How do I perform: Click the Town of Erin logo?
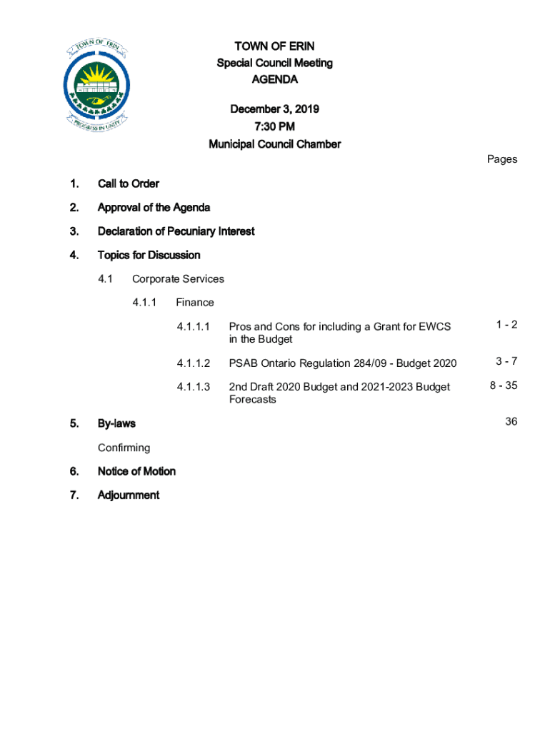96,84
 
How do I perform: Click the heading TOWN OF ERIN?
274,46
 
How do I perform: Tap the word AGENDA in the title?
274,79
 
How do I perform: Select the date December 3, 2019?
274,109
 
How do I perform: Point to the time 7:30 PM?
274,126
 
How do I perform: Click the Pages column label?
501,159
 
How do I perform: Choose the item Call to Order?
129,183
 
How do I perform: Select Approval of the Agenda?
154,208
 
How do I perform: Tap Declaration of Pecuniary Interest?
176,231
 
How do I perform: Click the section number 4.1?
105,279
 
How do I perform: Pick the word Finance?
194,303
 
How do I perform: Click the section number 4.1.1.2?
194,363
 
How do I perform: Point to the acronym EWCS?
435,327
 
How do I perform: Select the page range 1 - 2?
506,326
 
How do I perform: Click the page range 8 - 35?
503,385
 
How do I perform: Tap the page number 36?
511,422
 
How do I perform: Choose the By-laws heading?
116,423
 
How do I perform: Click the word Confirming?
124,448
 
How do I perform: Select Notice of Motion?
136,471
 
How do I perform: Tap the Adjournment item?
129,495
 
